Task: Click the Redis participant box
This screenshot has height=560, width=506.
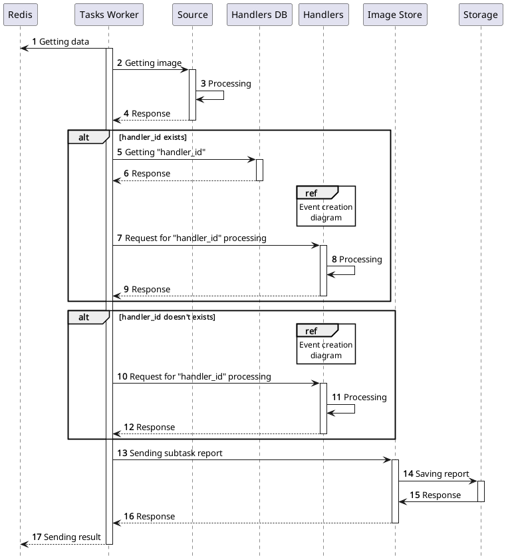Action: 20,15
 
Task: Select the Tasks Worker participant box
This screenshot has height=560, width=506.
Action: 109,15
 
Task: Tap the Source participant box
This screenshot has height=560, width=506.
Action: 192,15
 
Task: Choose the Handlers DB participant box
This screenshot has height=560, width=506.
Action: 259,15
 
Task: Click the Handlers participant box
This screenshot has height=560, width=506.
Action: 324,15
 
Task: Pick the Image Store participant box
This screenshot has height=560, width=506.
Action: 395,15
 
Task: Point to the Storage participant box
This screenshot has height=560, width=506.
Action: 480,15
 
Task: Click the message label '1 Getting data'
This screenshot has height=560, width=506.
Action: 61,42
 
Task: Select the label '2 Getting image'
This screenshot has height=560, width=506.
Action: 149,63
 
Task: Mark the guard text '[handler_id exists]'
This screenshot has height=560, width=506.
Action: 152,137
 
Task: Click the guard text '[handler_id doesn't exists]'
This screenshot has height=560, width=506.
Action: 167,317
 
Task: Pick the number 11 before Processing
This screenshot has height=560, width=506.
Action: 336,398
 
